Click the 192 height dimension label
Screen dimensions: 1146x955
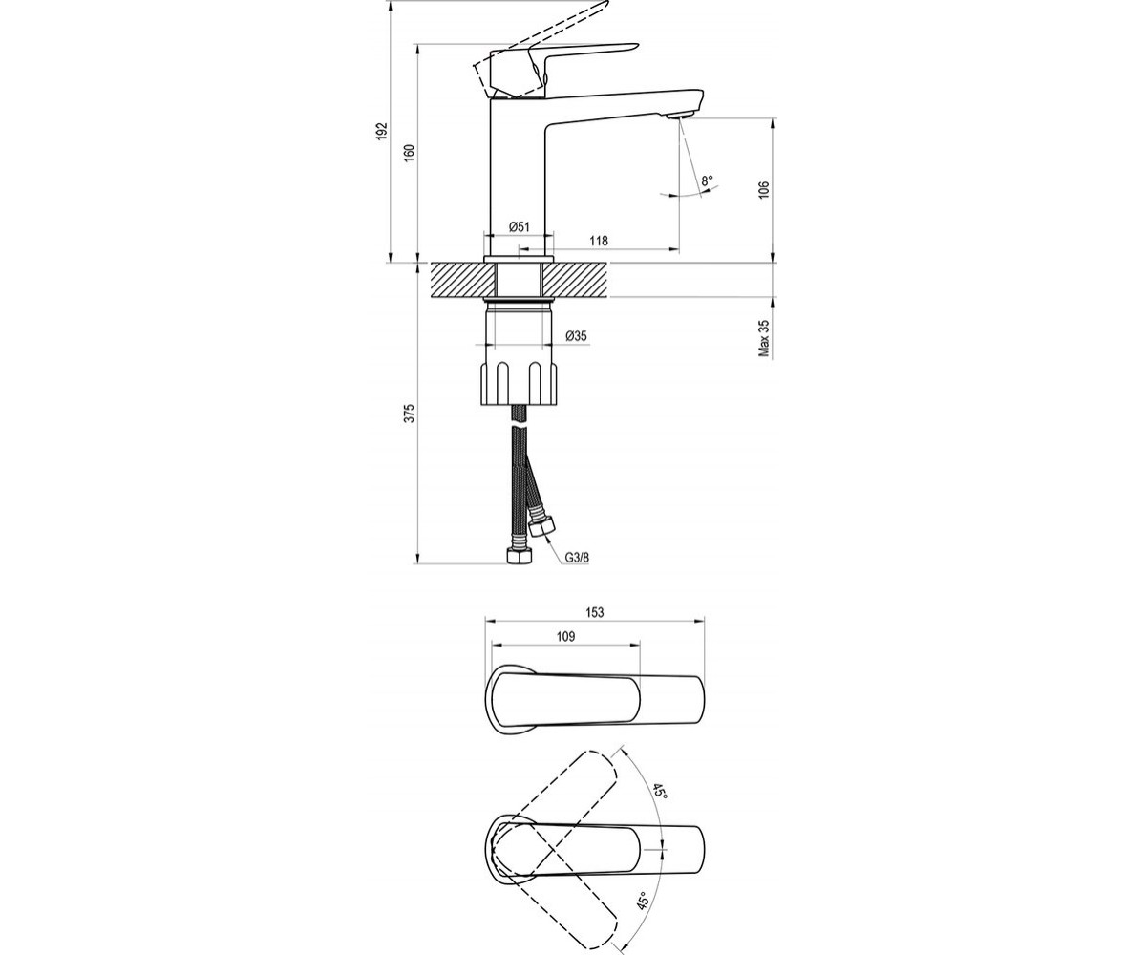pos(382,131)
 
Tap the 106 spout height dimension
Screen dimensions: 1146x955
pos(764,190)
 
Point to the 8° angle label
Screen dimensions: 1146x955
pos(707,180)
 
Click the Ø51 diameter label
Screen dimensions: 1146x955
pos(519,226)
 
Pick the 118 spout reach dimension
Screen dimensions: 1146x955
pos(599,241)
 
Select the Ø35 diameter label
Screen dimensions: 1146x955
pos(576,336)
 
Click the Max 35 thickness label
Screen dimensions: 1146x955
pos(764,338)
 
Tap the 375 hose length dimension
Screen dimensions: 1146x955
pos(410,414)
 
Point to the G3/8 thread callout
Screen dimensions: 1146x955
pos(578,558)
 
